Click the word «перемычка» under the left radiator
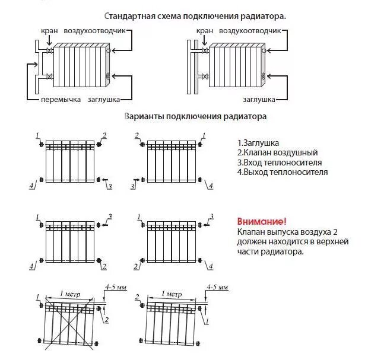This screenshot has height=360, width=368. [x=61, y=100]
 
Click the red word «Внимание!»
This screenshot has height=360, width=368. [x=257, y=221]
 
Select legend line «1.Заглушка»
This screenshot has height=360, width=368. [x=258, y=144]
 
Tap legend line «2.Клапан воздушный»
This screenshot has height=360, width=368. [x=277, y=153]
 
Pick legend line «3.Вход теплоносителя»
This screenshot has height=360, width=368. [x=279, y=163]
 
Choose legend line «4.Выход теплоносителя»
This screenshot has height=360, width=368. [x=282, y=172]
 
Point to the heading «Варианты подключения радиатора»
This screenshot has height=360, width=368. [x=195, y=116]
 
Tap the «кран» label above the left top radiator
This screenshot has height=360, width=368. [x=49, y=30]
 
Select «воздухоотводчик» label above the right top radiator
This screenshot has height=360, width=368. [x=248, y=30]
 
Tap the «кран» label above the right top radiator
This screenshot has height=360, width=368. [x=204, y=30]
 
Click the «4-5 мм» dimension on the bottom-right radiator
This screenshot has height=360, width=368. [x=217, y=288]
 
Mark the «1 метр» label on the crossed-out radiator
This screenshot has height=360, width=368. [x=71, y=294]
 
